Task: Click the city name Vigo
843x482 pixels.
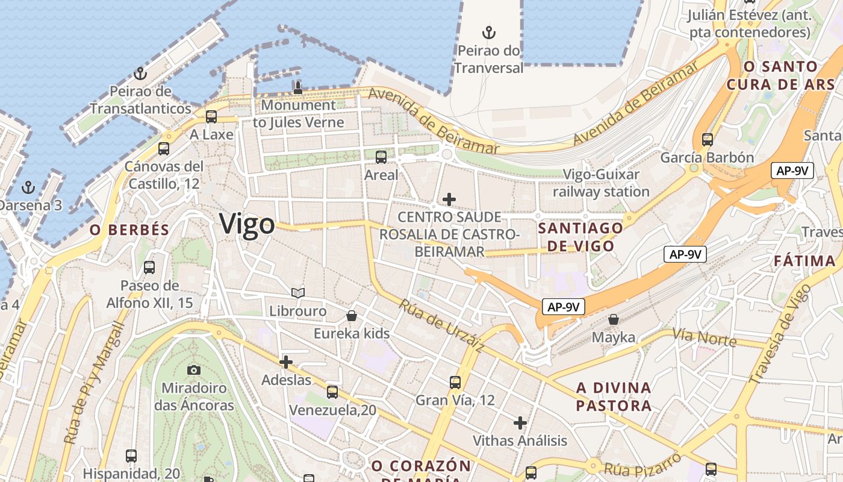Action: coord(247,224)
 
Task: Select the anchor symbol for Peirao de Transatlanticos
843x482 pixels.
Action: coord(140,74)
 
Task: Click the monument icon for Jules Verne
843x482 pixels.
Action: coord(297,87)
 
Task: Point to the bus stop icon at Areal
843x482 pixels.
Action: coord(381,157)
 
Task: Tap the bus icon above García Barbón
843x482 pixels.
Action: coord(707,140)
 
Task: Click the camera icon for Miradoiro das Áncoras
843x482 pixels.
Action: coord(193,370)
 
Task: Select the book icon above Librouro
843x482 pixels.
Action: coord(297,293)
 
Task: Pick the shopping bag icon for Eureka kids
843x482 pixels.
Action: coord(352,316)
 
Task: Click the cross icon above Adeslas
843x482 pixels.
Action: coord(286,362)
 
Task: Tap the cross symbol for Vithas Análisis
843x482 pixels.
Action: coord(520,423)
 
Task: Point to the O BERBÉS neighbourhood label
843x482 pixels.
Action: coord(129,230)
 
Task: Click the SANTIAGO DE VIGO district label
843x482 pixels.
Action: coord(580,237)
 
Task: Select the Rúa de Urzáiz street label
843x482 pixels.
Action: coord(441,327)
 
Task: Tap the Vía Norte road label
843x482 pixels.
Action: coord(704,338)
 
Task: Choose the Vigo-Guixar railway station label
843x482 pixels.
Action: coord(601,183)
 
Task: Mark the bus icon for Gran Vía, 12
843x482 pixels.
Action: coord(455,382)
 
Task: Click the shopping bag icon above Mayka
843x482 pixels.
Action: coord(613,319)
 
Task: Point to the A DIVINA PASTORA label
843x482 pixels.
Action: coord(614,396)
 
